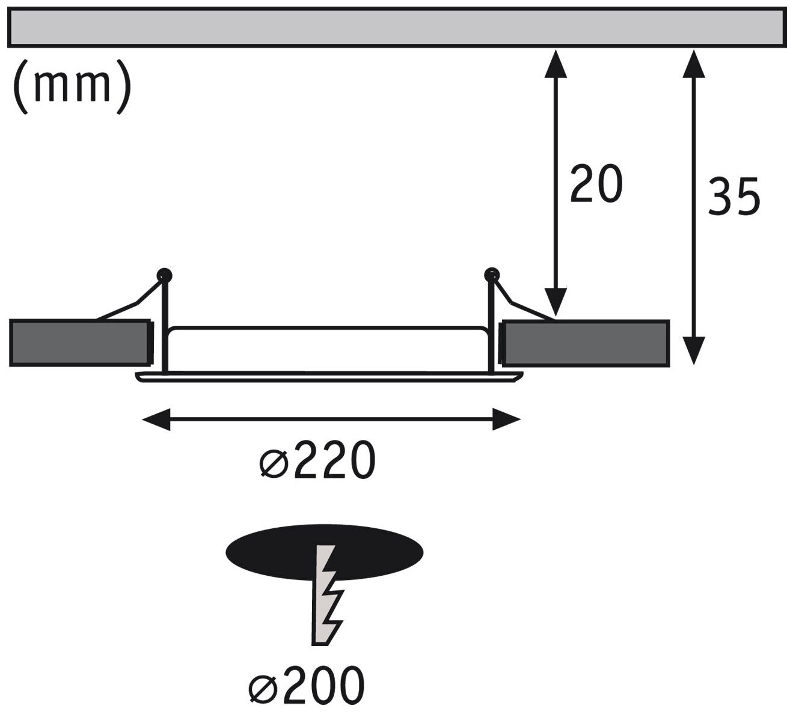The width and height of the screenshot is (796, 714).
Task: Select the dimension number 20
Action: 595,183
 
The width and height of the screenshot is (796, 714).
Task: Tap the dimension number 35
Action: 733,196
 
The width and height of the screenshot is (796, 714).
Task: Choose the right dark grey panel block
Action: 585,343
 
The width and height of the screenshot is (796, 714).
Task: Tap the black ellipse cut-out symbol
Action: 325,553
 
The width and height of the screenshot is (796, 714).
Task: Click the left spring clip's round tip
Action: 164,275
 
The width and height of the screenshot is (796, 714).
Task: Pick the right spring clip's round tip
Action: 492,275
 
